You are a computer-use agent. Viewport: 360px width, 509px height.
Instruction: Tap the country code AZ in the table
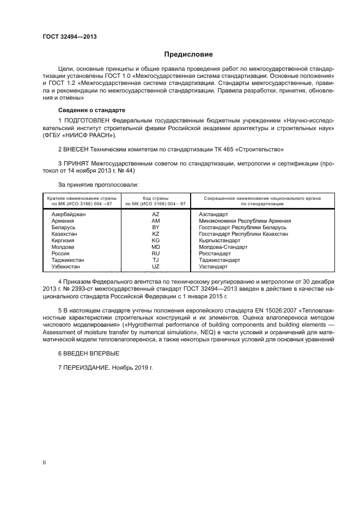coord(156,214)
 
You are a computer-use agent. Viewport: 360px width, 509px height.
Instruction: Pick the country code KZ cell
coord(156,234)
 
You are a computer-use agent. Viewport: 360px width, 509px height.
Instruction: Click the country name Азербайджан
coord(69,214)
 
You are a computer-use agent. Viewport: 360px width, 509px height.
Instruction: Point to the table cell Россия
coord(60,254)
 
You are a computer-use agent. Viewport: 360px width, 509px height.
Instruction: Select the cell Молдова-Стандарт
coord(223,247)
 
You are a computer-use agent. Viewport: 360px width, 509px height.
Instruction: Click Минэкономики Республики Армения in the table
coord(245,221)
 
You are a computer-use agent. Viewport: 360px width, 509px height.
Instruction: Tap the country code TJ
coord(156,260)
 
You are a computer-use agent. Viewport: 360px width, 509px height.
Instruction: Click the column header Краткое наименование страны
coord(81,199)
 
